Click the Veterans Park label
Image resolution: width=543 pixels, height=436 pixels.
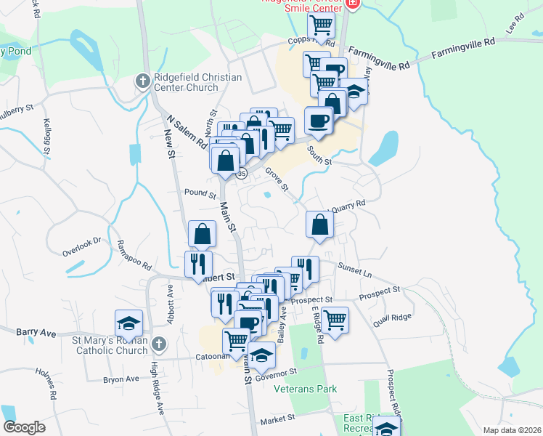(306, 389)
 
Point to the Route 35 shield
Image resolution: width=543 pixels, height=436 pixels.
(242, 174)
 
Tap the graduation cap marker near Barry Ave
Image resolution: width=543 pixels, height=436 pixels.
(129, 323)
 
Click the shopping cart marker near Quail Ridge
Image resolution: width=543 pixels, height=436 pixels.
(335, 319)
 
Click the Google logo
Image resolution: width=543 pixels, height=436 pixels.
(24, 427)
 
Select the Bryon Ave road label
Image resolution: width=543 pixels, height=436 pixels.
(121, 379)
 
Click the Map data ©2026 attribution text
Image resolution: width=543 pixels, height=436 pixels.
(513, 430)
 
